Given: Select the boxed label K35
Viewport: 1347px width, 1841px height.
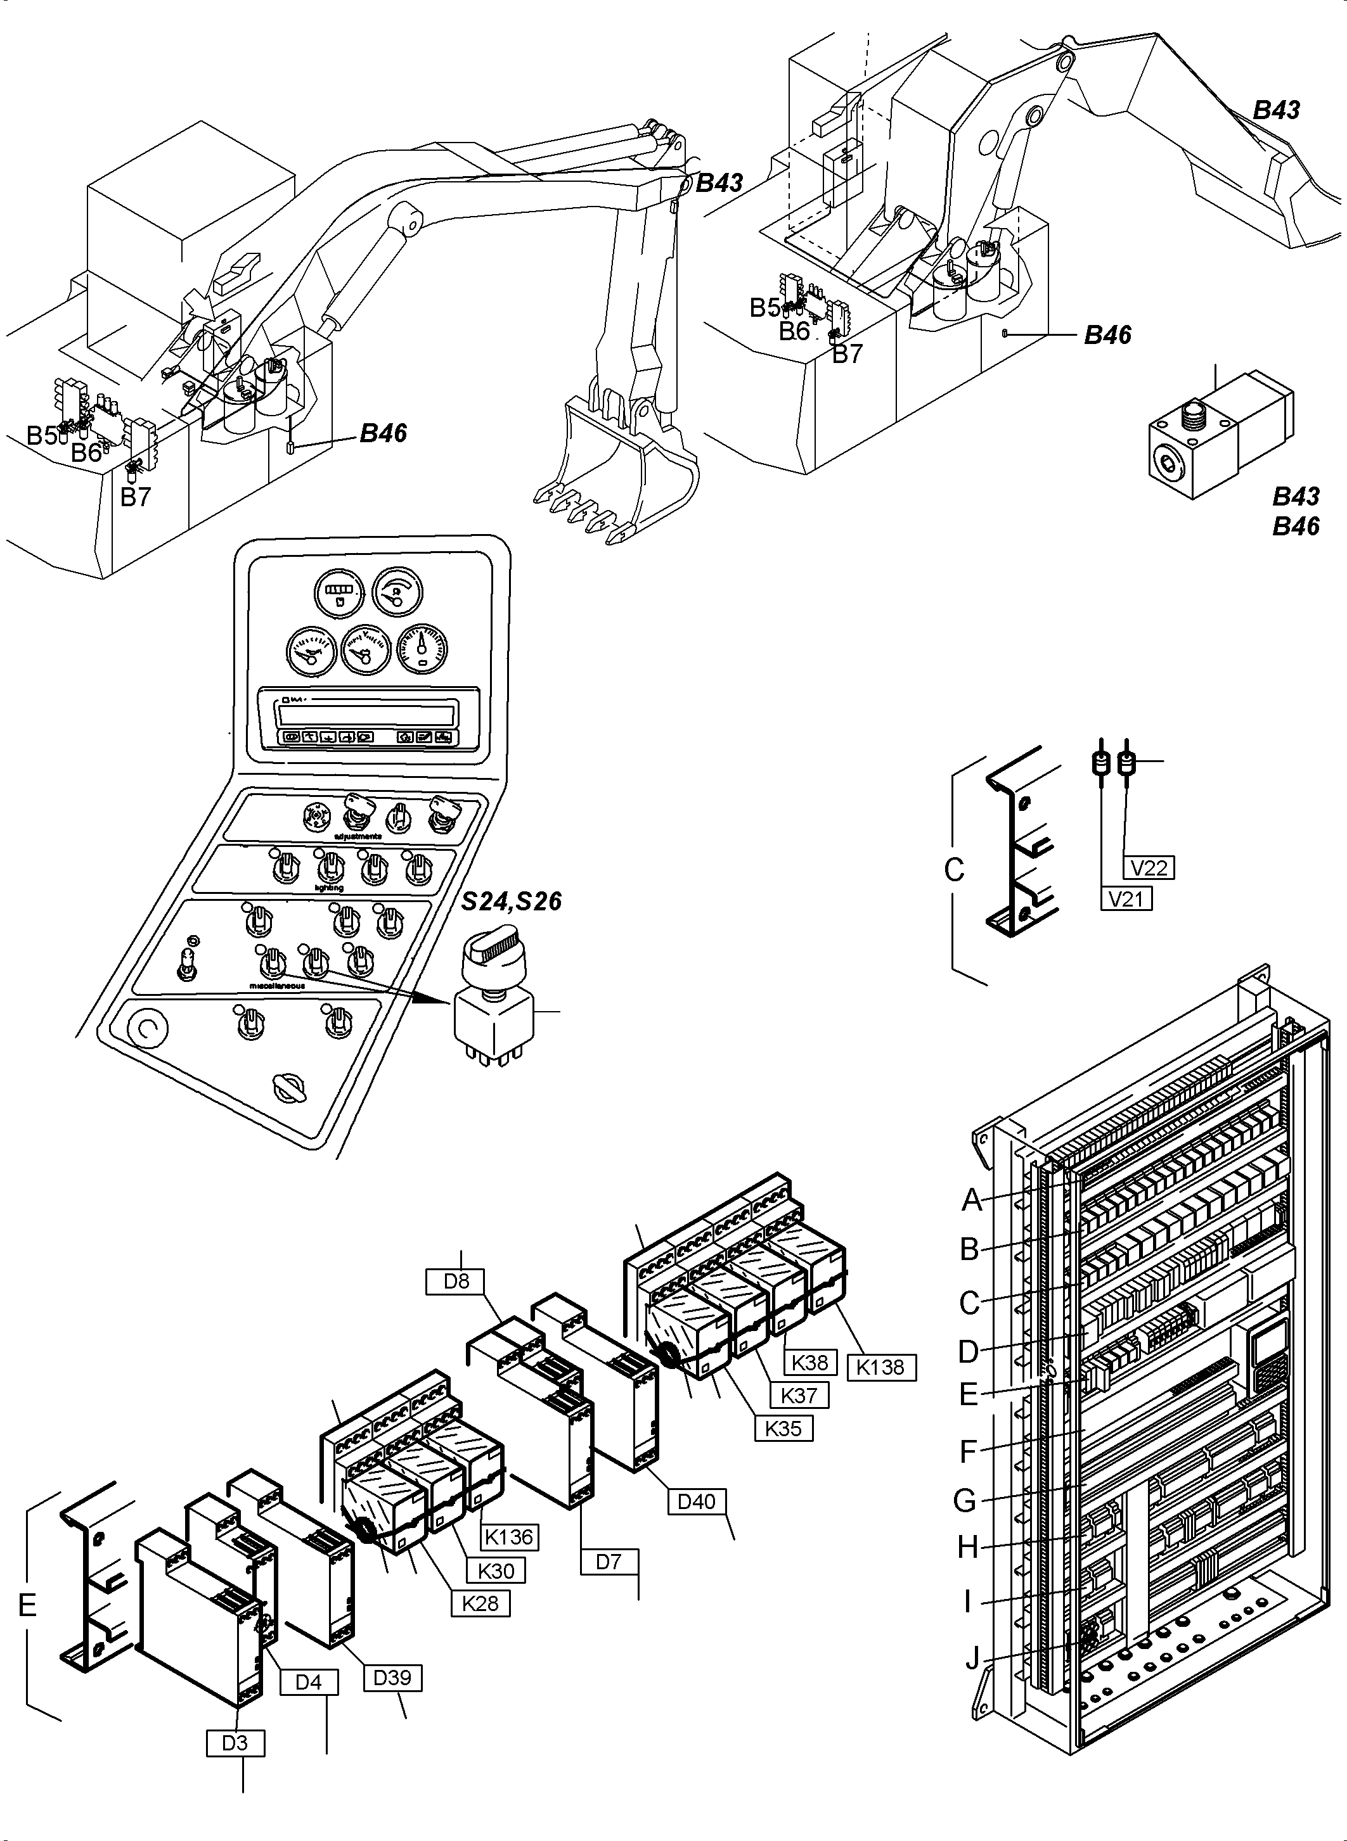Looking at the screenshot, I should pyautogui.click(x=783, y=1428).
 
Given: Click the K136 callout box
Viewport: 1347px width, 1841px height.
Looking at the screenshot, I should pyautogui.click(x=509, y=1537).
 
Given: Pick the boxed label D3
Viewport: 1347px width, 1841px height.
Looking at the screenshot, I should pyautogui.click(x=235, y=1743).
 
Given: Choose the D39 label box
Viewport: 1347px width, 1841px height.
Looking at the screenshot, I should pyautogui.click(x=392, y=1678).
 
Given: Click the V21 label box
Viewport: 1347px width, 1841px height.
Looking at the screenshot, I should pyautogui.click(x=1126, y=899).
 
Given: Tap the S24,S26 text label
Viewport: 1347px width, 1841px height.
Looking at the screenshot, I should pyautogui.click(x=512, y=901).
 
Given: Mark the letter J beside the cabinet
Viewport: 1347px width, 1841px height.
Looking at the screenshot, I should pyautogui.click(x=972, y=1658).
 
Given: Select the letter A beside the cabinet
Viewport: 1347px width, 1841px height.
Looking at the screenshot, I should pyautogui.click(x=971, y=1200).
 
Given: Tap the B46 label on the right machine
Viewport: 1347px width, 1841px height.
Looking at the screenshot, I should pyautogui.click(x=1107, y=335).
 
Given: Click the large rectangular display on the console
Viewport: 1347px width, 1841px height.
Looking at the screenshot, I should pyautogui.click(x=365, y=715).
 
